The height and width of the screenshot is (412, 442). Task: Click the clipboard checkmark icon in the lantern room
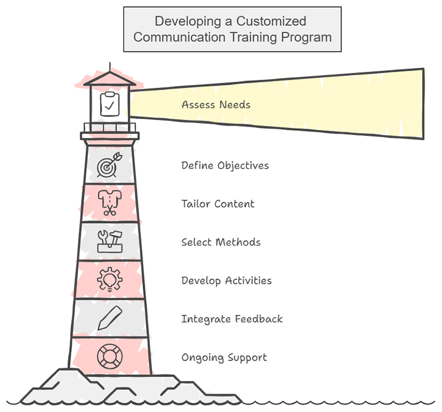point(109,104)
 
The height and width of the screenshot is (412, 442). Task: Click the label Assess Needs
point(215,104)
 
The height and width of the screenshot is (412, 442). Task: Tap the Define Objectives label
point(225,165)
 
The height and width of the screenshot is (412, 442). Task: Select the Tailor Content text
point(218,203)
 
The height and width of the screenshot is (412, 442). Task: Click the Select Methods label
point(220,242)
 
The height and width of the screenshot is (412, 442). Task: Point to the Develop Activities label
point(227,281)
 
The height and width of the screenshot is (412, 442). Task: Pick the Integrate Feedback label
point(231,319)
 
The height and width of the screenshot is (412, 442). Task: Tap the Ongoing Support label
point(224,357)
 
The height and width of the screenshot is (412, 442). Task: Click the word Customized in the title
point(272,22)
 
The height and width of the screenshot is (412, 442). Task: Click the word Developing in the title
point(186,22)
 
